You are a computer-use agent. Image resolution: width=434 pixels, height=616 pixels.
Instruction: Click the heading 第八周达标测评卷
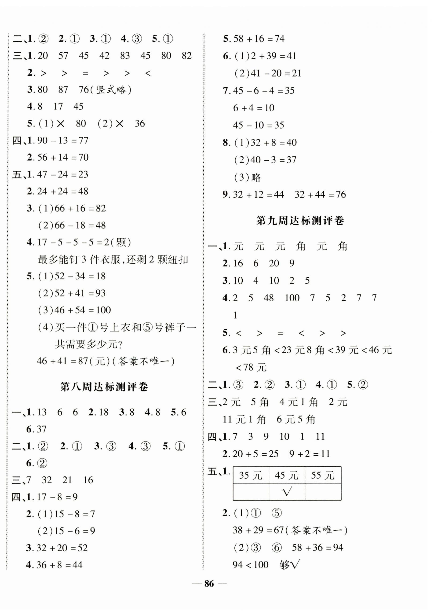point(104,387)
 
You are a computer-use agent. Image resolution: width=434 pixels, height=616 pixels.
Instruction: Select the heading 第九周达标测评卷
point(300,221)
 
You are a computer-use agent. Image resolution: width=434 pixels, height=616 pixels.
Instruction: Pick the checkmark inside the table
point(287,491)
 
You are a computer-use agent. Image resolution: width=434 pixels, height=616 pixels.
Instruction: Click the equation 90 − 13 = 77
point(63,140)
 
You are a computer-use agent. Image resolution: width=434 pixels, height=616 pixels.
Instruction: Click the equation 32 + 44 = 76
point(320,194)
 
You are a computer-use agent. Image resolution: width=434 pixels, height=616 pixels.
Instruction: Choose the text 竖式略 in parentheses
point(111,90)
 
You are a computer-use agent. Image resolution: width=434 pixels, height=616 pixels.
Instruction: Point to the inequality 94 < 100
point(250,565)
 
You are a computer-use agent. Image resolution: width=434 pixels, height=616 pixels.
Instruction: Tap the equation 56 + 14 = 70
point(63,157)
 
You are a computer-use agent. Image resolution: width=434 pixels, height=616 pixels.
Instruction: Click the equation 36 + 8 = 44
point(59,565)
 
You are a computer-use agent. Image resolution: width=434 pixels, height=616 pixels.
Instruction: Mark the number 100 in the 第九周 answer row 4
point(292,298)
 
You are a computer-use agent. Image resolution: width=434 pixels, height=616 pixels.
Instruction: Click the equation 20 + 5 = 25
point(255,454)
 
